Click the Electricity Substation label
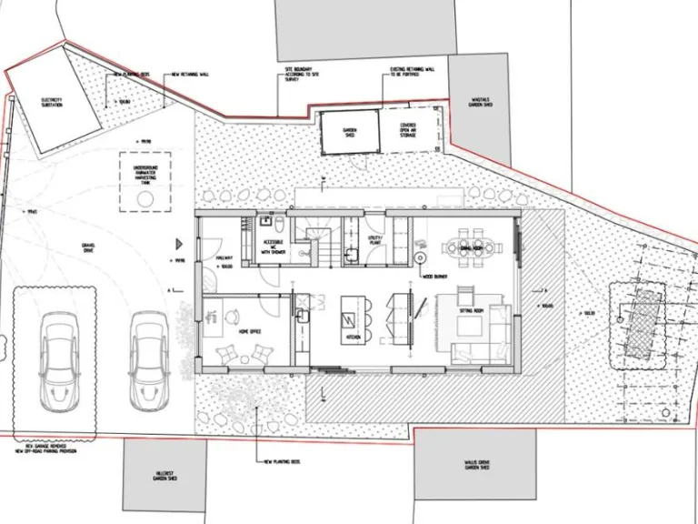51,101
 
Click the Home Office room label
248,332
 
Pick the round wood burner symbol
422,258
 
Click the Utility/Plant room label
374,241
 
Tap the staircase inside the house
318,242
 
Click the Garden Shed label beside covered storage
350,131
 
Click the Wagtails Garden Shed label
479,104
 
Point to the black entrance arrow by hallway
180,244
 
